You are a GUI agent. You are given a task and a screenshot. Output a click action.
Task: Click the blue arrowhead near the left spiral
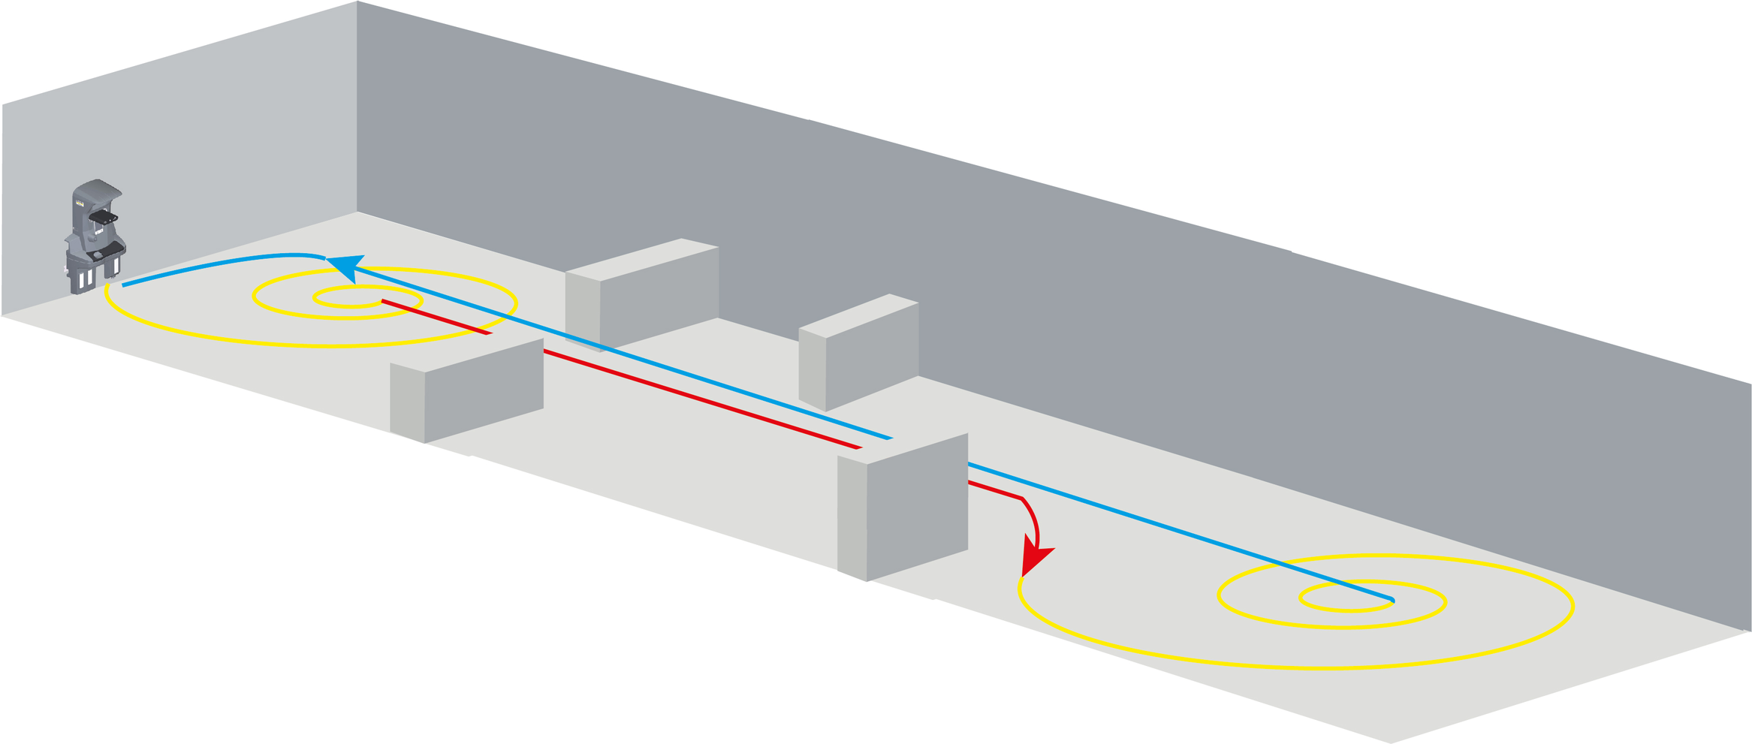coord(345,266)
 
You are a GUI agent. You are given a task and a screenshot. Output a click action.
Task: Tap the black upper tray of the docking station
coord(103,218)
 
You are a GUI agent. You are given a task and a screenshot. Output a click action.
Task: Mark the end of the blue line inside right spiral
coord(1392,599)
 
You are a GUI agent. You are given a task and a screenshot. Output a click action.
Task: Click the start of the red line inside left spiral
coord(384,302)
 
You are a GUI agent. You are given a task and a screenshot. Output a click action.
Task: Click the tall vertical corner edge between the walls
coord(357,105)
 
